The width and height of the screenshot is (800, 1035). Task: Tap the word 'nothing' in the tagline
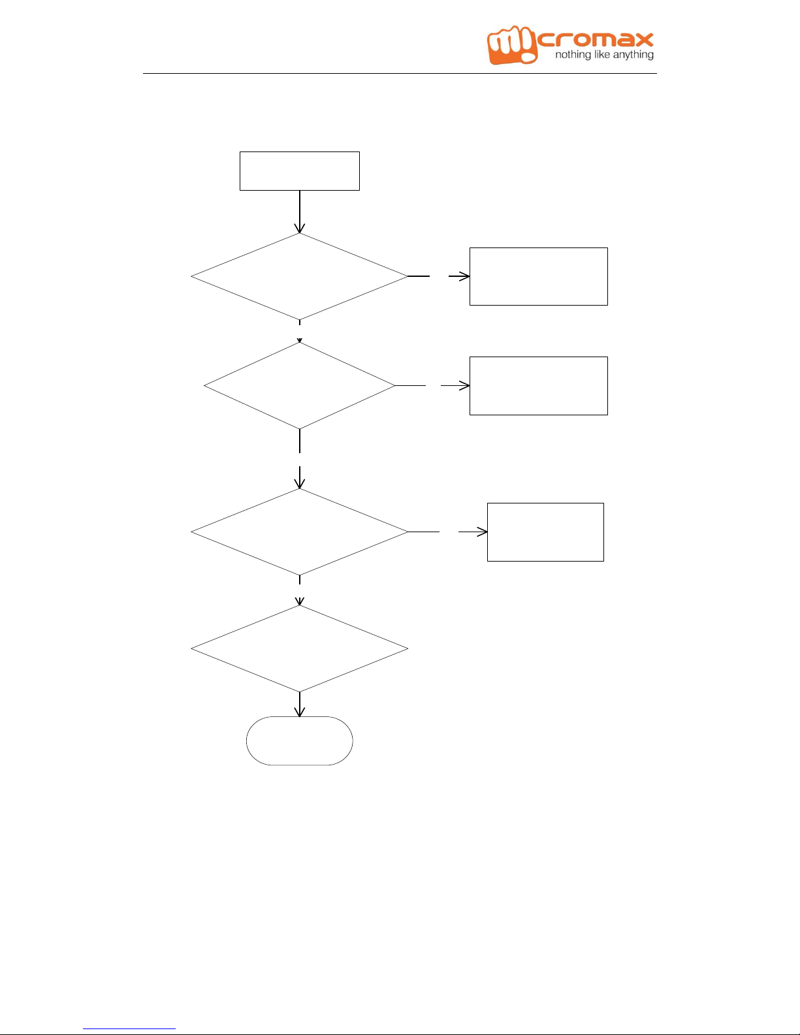[x=573, y=55]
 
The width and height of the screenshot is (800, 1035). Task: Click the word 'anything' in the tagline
[x=633, y=56]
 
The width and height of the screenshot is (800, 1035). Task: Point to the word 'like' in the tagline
[x=602, y=54]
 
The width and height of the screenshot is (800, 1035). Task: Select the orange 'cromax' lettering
[x=596, y=40]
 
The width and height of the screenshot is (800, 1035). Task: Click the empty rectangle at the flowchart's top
[x=300, y=171]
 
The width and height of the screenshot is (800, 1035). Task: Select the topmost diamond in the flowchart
[x=300, y=276]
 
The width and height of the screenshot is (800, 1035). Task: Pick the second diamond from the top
[x=300, y=386]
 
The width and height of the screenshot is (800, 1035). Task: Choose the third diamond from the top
[x=300, y=532]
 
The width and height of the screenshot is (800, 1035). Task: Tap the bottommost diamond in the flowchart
[x=300, y=648]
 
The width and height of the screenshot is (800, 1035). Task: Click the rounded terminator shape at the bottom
[x=300, y=740]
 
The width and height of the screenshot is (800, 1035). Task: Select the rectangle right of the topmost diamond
[x=539, y=276]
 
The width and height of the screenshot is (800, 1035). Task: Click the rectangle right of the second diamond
[x=539, y=386]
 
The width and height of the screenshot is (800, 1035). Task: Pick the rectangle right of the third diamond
[x=545, y=532]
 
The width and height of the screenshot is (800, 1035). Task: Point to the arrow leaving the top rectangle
[x=300, y=212]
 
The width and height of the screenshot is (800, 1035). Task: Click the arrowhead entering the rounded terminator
[x=300, y=711]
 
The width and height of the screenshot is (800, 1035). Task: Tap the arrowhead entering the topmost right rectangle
[x=464, y=276]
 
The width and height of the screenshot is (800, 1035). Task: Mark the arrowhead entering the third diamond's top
[x=300, y=483]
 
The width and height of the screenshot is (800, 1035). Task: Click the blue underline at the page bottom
[x=129, y=1028]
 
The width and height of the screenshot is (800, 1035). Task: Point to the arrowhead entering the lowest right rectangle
[x=482, y=532]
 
